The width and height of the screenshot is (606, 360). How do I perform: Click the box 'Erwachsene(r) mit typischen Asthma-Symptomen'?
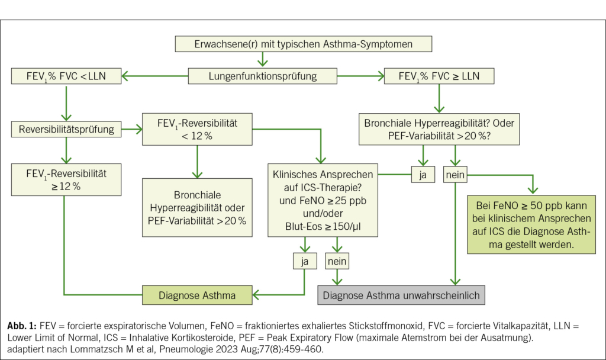click(303, 44)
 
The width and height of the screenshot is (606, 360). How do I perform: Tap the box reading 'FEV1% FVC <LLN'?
click(66, 76)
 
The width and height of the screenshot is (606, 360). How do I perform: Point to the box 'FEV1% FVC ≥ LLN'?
click(439, 76)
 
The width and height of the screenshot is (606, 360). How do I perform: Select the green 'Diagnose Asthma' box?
click(197, 294)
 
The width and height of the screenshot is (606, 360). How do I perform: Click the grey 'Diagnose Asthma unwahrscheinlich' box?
click(402, 294)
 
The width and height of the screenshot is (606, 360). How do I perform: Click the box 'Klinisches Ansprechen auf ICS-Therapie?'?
click(322, 201)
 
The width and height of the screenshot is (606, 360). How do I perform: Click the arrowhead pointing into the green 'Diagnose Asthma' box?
click(256, 294)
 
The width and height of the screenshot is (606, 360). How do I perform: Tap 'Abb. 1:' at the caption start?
click(21, 326)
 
